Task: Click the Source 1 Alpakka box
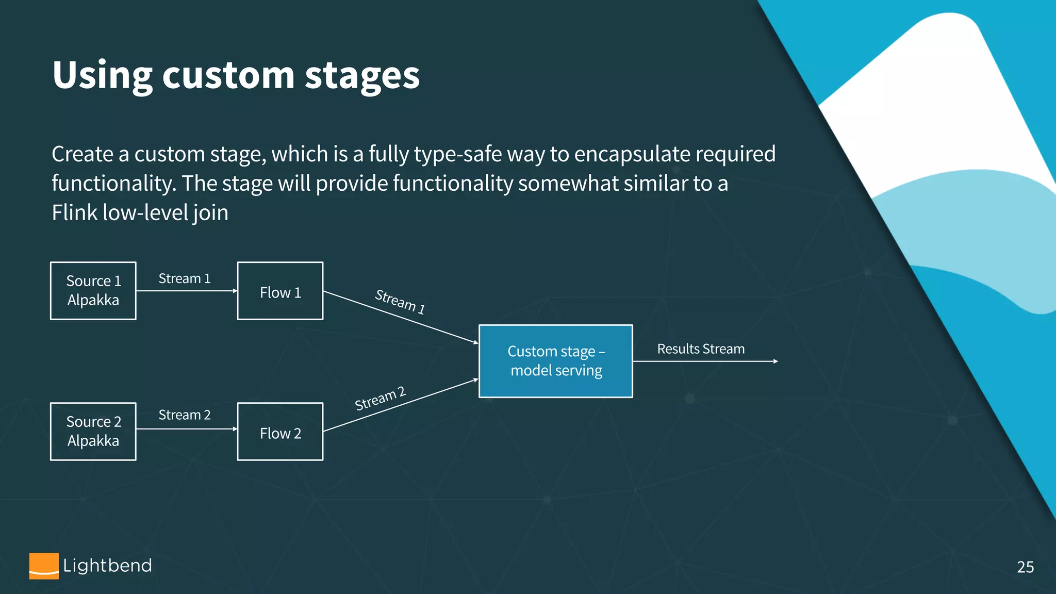(93, 291)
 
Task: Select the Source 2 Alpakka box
(93, 432)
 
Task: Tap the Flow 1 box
(280, 291)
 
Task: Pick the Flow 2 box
(280, 432)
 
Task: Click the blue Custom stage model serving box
(555, 361)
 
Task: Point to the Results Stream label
(701, 349)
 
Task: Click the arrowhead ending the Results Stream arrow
(775, 361)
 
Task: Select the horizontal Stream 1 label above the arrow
(184, 278)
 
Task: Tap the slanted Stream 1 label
(400, 302)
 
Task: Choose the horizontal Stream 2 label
(184, 415)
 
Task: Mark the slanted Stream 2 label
(381, 399)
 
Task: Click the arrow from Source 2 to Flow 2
(186, 429)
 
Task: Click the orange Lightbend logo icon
(44, 566)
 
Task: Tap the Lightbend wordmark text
(107, 566)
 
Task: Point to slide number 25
(1025, 567)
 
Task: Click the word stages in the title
(362, 76)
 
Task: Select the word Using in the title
(102, 76)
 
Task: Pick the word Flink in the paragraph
(75, 212)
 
